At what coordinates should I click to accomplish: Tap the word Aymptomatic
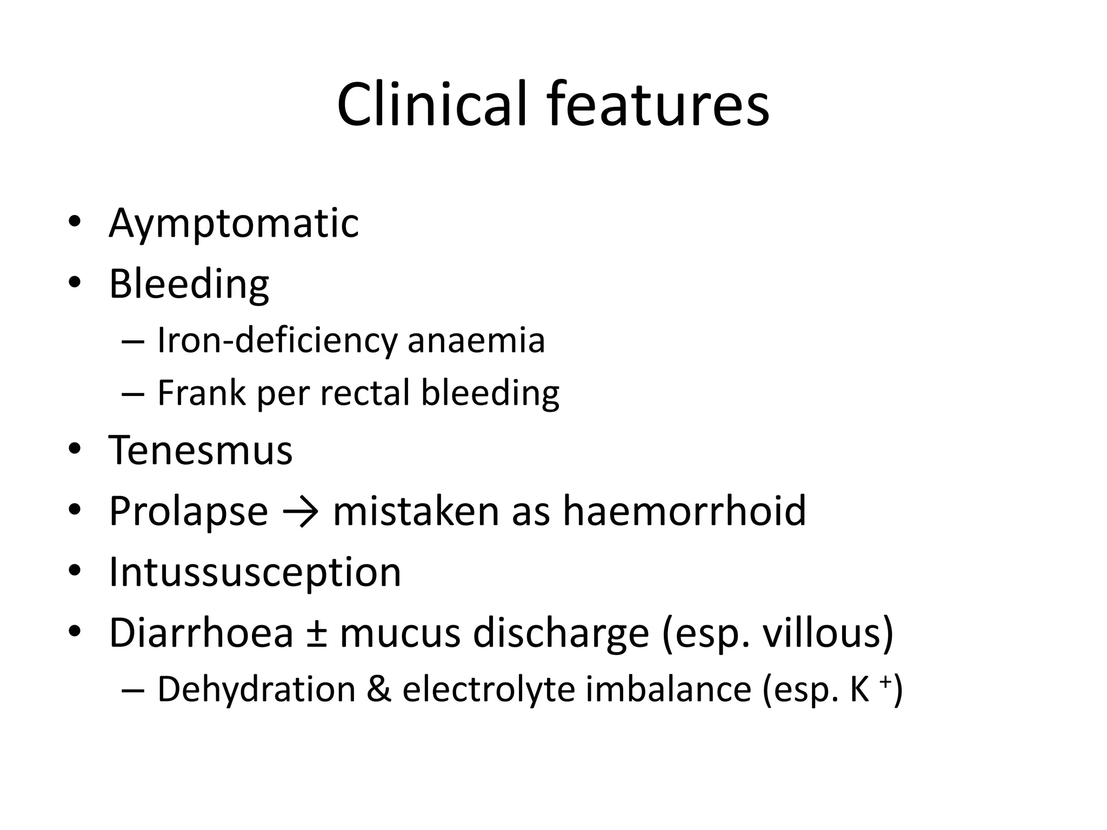234,223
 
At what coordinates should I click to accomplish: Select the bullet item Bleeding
189,284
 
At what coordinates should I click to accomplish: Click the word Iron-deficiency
277,341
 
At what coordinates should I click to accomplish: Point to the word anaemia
476,341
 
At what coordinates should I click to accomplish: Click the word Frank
201,393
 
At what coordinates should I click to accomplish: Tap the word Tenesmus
201,450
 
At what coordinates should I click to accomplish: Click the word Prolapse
188,511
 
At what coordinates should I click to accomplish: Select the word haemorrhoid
684,511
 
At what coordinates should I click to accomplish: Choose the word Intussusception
255,572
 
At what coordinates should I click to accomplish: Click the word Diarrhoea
201,633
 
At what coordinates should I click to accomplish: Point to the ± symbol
316,634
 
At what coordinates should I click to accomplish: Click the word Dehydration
256,690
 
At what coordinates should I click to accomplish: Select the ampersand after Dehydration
379,690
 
